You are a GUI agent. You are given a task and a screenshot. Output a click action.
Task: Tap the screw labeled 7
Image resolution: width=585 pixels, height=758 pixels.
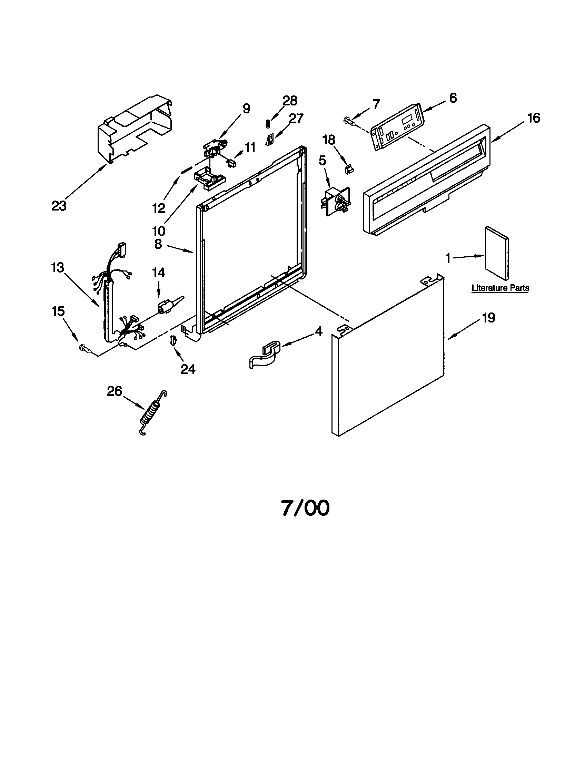click(x=349, y=121)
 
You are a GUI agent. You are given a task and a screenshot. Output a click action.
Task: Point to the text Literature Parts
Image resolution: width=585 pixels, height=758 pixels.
click(x=500, y=288)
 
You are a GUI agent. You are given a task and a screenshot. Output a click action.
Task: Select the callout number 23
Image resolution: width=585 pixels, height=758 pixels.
click(x=59, y=206)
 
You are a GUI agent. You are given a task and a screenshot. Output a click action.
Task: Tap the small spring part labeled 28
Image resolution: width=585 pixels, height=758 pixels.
click(x=268, y=123)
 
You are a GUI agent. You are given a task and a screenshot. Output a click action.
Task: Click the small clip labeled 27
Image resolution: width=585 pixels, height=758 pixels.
click(x=270, y=140)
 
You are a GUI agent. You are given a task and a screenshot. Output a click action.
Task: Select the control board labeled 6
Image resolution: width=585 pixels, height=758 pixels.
click(x=398, y=127)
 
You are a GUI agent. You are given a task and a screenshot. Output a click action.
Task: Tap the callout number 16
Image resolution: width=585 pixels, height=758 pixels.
click(x=534, y=118)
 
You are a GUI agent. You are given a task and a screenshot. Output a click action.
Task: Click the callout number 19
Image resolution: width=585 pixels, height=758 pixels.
click(x=488, y=318)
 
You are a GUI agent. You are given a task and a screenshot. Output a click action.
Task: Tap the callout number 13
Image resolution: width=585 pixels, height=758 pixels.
click(x=58, y=268)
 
